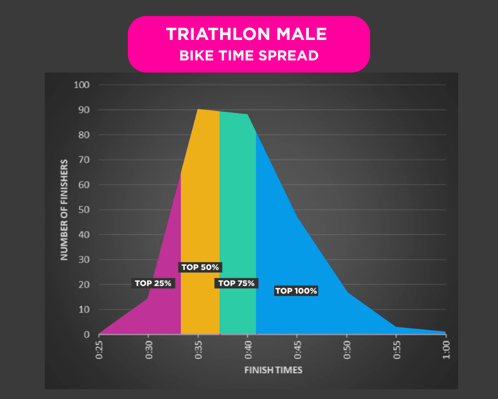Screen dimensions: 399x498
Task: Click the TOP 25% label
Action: [x=153, y=283]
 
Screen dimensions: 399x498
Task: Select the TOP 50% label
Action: [x=200, y=267]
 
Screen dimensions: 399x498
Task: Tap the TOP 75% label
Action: [x=236, y=283]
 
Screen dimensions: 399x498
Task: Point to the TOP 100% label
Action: [x=296, y=291]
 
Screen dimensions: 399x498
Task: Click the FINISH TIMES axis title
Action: [x=273, y=370]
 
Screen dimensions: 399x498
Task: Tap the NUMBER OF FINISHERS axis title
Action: [x=64, y=209]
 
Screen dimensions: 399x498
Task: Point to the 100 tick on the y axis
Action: [x=82, y=85]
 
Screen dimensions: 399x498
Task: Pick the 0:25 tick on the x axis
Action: [x=99, y=349]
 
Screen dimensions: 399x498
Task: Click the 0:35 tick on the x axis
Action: [x=198, y=349]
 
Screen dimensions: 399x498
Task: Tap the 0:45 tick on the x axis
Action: [x=297, y=349]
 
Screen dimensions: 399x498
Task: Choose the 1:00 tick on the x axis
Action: [x=445, y=349]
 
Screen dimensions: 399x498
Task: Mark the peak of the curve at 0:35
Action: [x=198, y=110]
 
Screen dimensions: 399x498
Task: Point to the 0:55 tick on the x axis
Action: [x=396, y=349]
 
